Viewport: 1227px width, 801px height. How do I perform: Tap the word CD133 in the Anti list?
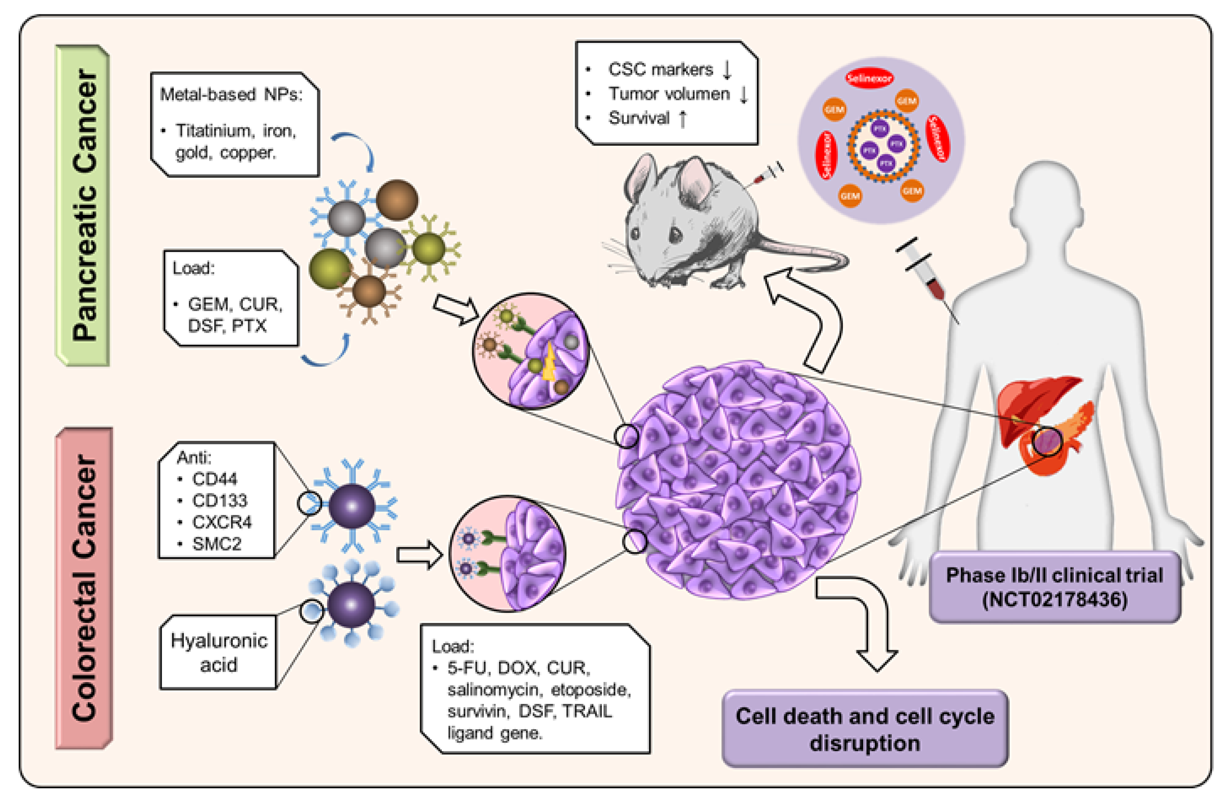(x=219, y=501)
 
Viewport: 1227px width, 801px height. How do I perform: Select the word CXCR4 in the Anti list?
(x=222, y=522)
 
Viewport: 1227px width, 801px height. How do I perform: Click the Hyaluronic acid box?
(x=219, y=652)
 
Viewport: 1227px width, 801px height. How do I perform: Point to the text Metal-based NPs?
(x=231, y=94)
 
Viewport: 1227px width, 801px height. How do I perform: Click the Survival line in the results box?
(x=639, y=118)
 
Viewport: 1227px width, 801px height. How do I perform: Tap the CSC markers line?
(x=661, y=69)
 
